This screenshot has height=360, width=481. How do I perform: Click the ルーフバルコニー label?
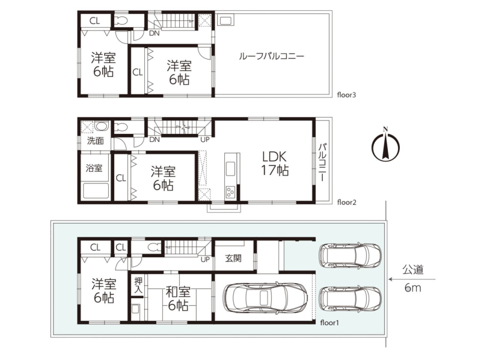272,56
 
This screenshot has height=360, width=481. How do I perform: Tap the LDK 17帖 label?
275,163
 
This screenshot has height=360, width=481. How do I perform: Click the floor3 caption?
346,95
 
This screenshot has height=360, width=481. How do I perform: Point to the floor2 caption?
347,203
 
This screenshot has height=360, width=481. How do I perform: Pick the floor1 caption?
329,323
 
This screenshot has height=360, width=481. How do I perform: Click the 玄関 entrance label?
233,258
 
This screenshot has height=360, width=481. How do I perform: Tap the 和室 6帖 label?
178,298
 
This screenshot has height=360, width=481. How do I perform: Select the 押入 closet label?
139,285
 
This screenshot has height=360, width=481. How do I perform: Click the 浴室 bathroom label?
94,168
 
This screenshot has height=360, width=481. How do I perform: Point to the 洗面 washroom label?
96,141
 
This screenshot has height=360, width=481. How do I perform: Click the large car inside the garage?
266,297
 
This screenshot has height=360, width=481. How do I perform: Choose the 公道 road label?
413,270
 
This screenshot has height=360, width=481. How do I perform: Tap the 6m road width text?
412,288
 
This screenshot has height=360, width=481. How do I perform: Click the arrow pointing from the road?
412,279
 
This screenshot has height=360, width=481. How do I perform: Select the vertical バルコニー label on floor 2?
322,162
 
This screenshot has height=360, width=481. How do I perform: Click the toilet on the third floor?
121,21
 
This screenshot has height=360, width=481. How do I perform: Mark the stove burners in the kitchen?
230,192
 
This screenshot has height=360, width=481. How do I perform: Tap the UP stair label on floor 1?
205,260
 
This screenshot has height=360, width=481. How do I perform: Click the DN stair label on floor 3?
155,33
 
